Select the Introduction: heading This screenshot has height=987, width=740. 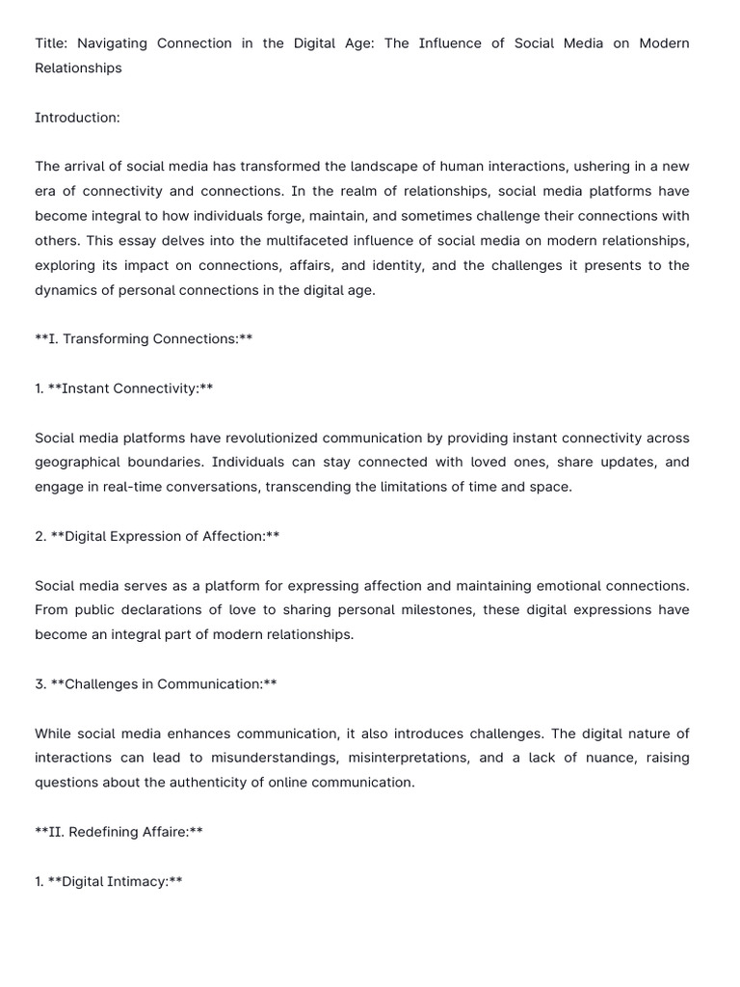(77, 118)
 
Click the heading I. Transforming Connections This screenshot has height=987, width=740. (144, 339)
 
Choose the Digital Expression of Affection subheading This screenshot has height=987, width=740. (163, 536)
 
